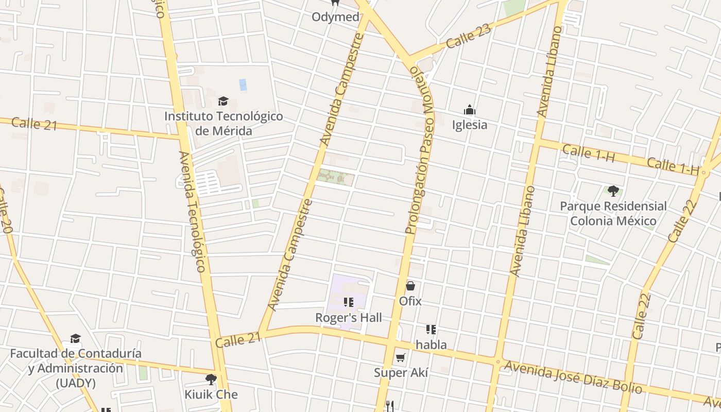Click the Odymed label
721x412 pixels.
tap(335, 17)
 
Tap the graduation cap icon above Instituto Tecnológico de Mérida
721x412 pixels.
tap(223, 101)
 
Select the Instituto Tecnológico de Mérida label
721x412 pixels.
tap(224, 124)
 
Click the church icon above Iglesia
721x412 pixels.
tap(469, 110)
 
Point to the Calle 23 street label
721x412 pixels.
tap(469, 36)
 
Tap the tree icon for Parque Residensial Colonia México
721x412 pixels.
tap(613, 191)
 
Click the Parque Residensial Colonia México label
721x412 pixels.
tap(613, 213)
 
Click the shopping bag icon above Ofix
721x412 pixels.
tap(410, 286)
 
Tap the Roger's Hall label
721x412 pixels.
tap(349, 318)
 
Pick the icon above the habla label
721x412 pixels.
tap(431, 330)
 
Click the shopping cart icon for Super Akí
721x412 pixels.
tap(401, 357)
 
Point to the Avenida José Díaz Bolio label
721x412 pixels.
tap(573, 377)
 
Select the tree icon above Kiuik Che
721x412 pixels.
tap(211, 380)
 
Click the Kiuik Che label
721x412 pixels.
tap(211, 394)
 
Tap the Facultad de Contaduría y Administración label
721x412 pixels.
tap(76, 368)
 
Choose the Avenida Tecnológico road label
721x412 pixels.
tap(194, 211)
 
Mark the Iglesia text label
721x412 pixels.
tap(469, 125)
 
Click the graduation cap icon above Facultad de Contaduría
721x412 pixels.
tap(76, 338)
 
